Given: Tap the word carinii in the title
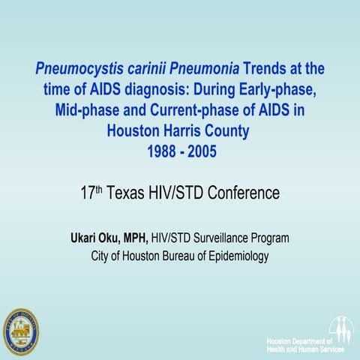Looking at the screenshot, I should [147, 68].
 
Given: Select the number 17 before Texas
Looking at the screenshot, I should [88, 193].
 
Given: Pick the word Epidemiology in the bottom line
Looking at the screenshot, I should [235, 256].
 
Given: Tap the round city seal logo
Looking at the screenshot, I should [21, 331].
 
